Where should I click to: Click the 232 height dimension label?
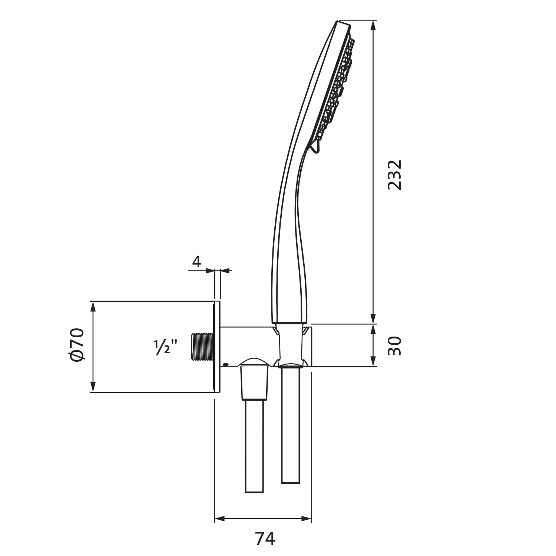[394, 175]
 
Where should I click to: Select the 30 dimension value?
[394, 346]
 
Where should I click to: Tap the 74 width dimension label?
[265, 538]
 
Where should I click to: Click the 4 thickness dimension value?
[196, 262]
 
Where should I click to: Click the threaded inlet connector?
[202, 347]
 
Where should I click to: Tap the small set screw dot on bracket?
[225, 364]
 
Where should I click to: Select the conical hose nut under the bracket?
[254, 383]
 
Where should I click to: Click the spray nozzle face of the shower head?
[334, 89]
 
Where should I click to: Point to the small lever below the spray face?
[315, 147]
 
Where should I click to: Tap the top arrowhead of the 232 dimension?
[373, 25]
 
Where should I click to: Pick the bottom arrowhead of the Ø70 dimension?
[93, 387]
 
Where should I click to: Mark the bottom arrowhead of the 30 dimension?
[373, 361]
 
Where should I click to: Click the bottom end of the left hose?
[254, 492]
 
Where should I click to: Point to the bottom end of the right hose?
[291, 483]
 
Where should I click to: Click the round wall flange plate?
[217, 347]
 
